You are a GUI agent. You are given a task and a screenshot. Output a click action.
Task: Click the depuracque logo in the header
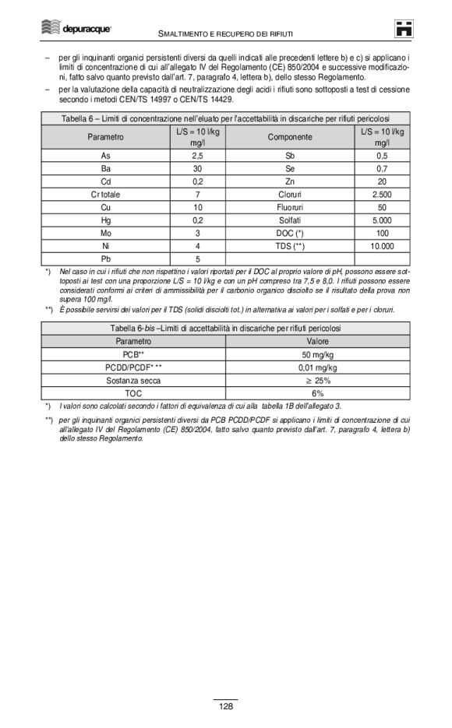coord(76,28)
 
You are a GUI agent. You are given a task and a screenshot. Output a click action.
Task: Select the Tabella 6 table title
coord(225,118)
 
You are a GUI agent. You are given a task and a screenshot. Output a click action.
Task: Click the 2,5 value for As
coord(198,156)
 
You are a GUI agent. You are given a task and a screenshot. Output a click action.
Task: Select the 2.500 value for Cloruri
coord(382,194)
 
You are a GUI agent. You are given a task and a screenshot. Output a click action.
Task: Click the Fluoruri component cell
coord(290,207)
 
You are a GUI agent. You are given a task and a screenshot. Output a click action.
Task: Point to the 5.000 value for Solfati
coord(382,220)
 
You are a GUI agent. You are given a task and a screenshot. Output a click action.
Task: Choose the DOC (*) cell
coord(290,233)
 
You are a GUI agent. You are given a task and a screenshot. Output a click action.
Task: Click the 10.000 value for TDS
coord(382,245)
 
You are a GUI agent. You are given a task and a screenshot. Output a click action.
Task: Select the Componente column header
coord(290,137)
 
